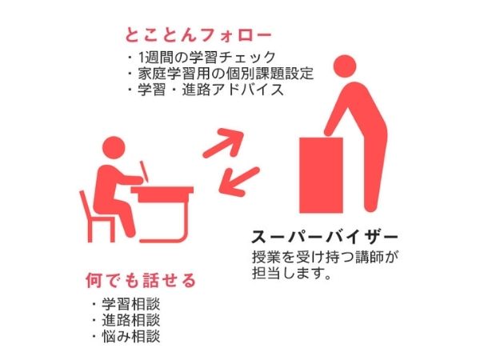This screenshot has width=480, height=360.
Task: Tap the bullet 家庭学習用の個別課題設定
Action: point(225,74)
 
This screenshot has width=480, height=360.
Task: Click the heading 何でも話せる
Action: point(141,282)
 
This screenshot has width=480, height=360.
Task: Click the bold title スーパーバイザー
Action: point(324,238)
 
